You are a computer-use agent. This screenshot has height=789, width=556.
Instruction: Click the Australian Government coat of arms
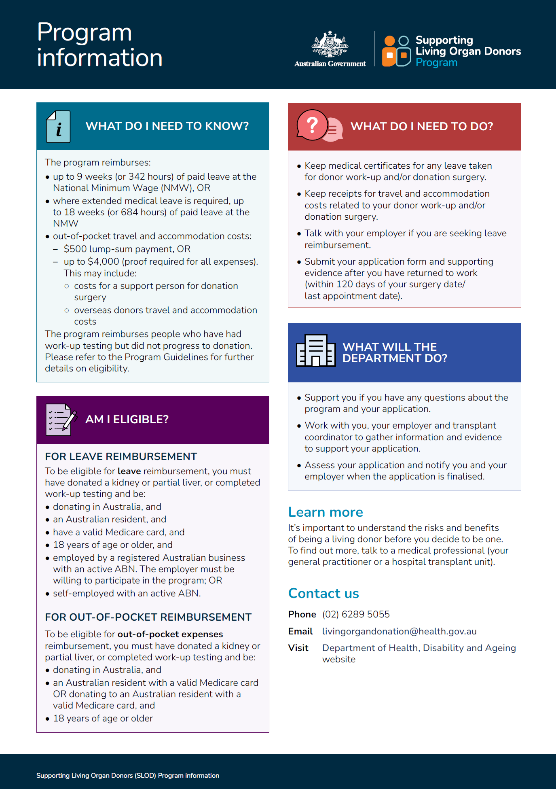point(330,44)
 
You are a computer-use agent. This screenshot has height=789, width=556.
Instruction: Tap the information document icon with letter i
point(59,127)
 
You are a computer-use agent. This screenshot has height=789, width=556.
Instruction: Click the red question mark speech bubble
point(312,125)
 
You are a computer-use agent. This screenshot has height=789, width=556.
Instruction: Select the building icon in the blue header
point(316,351)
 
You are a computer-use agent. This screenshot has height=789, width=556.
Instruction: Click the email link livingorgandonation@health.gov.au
point(399,631)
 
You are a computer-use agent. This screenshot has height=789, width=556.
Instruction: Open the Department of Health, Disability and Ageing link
point(419,648)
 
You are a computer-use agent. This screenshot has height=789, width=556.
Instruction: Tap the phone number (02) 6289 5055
point(356,614)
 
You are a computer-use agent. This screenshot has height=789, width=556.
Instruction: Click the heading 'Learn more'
point(326,512)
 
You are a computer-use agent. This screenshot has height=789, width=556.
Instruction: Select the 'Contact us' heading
point(323,593)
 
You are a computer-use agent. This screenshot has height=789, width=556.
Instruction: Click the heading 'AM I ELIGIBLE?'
point(127,419)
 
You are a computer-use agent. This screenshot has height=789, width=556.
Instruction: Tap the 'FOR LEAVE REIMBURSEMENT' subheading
point(121,456)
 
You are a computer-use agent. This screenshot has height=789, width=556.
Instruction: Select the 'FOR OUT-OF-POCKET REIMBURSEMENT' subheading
point(148,617)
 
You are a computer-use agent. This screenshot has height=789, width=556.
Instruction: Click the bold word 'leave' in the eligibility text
point(129,471)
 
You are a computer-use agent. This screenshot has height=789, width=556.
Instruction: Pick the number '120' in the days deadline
point(344,284)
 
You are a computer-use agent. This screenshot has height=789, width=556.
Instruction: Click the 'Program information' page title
point(99,45)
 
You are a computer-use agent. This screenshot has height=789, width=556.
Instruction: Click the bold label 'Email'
point(300,631)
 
